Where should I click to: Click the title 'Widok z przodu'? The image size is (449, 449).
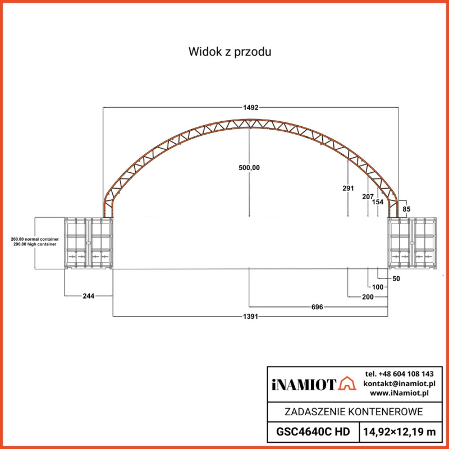[230, 52]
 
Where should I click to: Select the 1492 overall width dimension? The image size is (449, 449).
[250, 107]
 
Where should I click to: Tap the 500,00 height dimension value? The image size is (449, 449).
[249, 167]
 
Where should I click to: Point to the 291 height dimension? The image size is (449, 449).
[348, 189]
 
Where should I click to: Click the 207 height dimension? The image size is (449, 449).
[368, 196]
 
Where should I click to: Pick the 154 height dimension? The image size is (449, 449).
[378, 202]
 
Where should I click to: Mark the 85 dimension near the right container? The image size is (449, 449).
[407, 209]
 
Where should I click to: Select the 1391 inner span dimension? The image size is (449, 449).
[250, 317]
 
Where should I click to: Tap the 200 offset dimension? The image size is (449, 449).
[368, 296]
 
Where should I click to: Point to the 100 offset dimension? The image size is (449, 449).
[378, 287]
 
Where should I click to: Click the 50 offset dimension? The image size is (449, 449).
[396, 278]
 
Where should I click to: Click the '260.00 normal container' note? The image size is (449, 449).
[35, 240]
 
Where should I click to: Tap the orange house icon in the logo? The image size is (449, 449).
[348, 384]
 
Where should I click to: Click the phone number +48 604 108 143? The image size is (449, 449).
[399, 374]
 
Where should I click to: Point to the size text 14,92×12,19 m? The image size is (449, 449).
[400, 432]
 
